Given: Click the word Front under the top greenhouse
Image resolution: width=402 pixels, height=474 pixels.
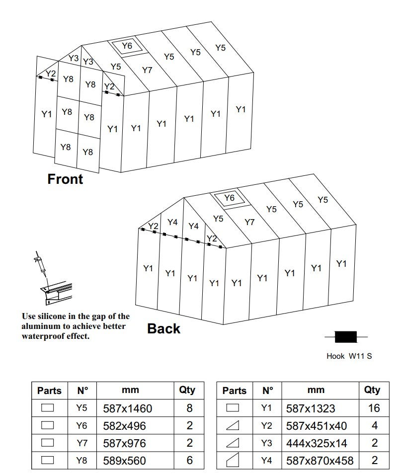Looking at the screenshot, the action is pos(65,179).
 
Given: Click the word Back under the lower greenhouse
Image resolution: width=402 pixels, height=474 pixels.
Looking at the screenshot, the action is pos(163,328).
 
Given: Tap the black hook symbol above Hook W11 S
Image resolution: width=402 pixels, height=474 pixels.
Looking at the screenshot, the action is pos(346,337).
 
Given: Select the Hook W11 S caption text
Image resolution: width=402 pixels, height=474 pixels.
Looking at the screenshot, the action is pos(349,356).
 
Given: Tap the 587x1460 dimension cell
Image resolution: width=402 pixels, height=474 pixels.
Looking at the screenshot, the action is pos(127,408).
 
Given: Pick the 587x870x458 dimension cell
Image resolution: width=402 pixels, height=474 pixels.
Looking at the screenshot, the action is pos(320,461).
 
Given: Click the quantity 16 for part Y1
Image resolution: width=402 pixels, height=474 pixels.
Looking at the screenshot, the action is pos(374,408).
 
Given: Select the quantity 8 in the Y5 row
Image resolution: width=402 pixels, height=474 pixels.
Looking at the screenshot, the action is pos(189,408).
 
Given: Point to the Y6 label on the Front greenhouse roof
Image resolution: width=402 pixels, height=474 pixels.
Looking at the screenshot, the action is pos(127,46).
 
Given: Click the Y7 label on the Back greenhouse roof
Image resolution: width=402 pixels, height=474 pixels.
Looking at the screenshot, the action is pos(249,222).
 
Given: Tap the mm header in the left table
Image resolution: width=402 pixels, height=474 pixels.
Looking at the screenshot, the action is pos(130,390).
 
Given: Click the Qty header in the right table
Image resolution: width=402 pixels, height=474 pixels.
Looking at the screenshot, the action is pos(372,390).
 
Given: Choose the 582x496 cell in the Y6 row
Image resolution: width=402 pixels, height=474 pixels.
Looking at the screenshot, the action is pos(124,426).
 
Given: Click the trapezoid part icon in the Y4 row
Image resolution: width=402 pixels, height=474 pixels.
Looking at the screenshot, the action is pos(233,460).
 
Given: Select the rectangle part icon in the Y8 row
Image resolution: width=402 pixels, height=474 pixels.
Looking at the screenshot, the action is pos(47,460).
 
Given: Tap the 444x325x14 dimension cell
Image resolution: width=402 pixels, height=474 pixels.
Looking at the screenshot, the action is pos(317,443).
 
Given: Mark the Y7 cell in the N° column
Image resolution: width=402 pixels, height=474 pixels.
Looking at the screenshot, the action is pos(81,443).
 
